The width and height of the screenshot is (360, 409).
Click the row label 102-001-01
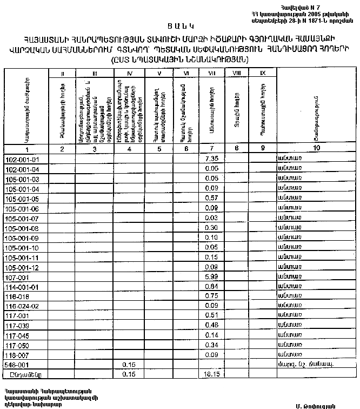pyautogui.click(x=19, y=160)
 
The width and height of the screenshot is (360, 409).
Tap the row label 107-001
pyautogui.click(x=16, y=277)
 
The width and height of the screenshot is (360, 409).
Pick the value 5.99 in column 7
pyautogui.click(x=212, y=277)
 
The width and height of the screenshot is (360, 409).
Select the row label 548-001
pyautogui.click(x=16, y=365)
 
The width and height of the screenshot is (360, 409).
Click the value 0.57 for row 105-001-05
pyautogui.click(x=212, y=199)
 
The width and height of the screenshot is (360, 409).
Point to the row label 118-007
pyautogui.click(x=16, y=355)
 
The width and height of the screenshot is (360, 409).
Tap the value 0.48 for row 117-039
pyautogui.click(x=212, y=326)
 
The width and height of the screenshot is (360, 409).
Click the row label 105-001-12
pyautogui.click(x=19, y=267)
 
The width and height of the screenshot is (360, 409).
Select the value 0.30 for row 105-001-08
pyautogui.click(x=212, y=228)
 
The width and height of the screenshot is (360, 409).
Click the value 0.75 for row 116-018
pyautogui.click(x=212, y=296)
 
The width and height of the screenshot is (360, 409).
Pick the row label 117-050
pyautogui.click(x=16, y=345)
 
